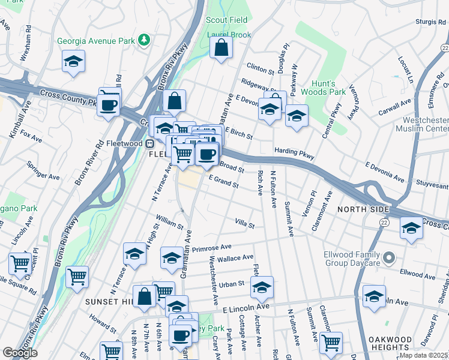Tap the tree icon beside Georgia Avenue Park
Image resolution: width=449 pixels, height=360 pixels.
[144, 40]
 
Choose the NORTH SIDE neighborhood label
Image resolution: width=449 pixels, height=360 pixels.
[363, 209]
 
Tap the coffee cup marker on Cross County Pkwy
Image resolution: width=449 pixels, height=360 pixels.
[109, 106]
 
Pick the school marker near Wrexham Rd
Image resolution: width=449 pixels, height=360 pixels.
[73, 61]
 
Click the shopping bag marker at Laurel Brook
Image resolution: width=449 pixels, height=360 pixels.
[221, 48]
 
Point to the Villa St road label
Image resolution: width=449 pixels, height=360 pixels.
[244, 224]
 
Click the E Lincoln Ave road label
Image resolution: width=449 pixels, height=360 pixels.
[245, 308]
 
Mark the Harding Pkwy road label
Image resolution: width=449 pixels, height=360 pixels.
[294, 154]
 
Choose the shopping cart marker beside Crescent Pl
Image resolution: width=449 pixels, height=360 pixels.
[20, 263]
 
